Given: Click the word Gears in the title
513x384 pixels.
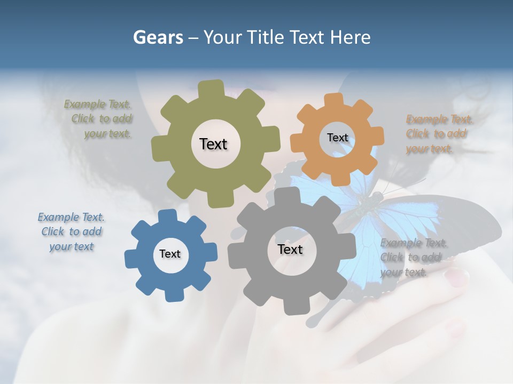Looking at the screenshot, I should coord(158,37).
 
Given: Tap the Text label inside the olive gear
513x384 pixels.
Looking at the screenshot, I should coord(213,144).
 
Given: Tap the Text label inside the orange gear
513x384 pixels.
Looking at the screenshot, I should coord(337,138).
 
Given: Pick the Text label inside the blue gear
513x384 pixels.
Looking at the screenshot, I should coord(170,254).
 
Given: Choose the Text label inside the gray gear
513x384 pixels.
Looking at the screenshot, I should coord(290,250).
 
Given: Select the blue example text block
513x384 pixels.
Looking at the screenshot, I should coord(71,232).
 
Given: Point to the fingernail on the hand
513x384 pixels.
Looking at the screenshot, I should coord(457,276).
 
